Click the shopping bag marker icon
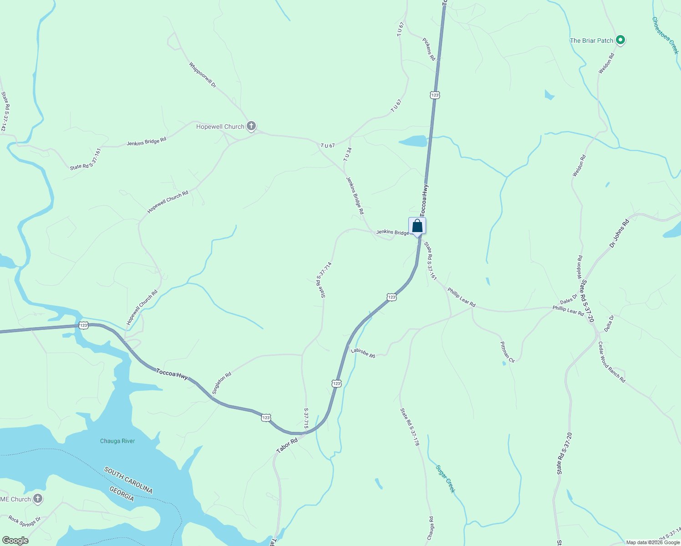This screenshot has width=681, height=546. click(x=417, y=226)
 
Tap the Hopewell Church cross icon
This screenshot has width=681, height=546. click(x=251, y=126)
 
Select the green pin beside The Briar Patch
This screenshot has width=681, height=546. click(x=620, y=40)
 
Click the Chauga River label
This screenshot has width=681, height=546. click(x=117, y=441)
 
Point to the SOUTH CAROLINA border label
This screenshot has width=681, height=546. click(x=128, y=480)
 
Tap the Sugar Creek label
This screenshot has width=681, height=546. click(x=445, y=479)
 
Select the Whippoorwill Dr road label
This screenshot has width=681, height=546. click(x=203, y=75)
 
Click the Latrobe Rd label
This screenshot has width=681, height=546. click(x=363, y=353)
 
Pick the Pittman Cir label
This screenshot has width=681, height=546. click(x=507, y=352)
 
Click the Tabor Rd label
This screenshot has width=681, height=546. click(x=287, y=445)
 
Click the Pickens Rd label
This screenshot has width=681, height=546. click(x=429, y=49)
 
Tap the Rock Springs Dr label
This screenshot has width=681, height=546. click(x=25, y=521)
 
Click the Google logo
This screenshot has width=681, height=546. click(x=15, y=541)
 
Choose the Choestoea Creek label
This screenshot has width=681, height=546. click(x=665, y=35)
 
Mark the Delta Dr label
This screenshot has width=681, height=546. click(x=609, y=324)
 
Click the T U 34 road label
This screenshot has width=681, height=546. click(x=347, y=154)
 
